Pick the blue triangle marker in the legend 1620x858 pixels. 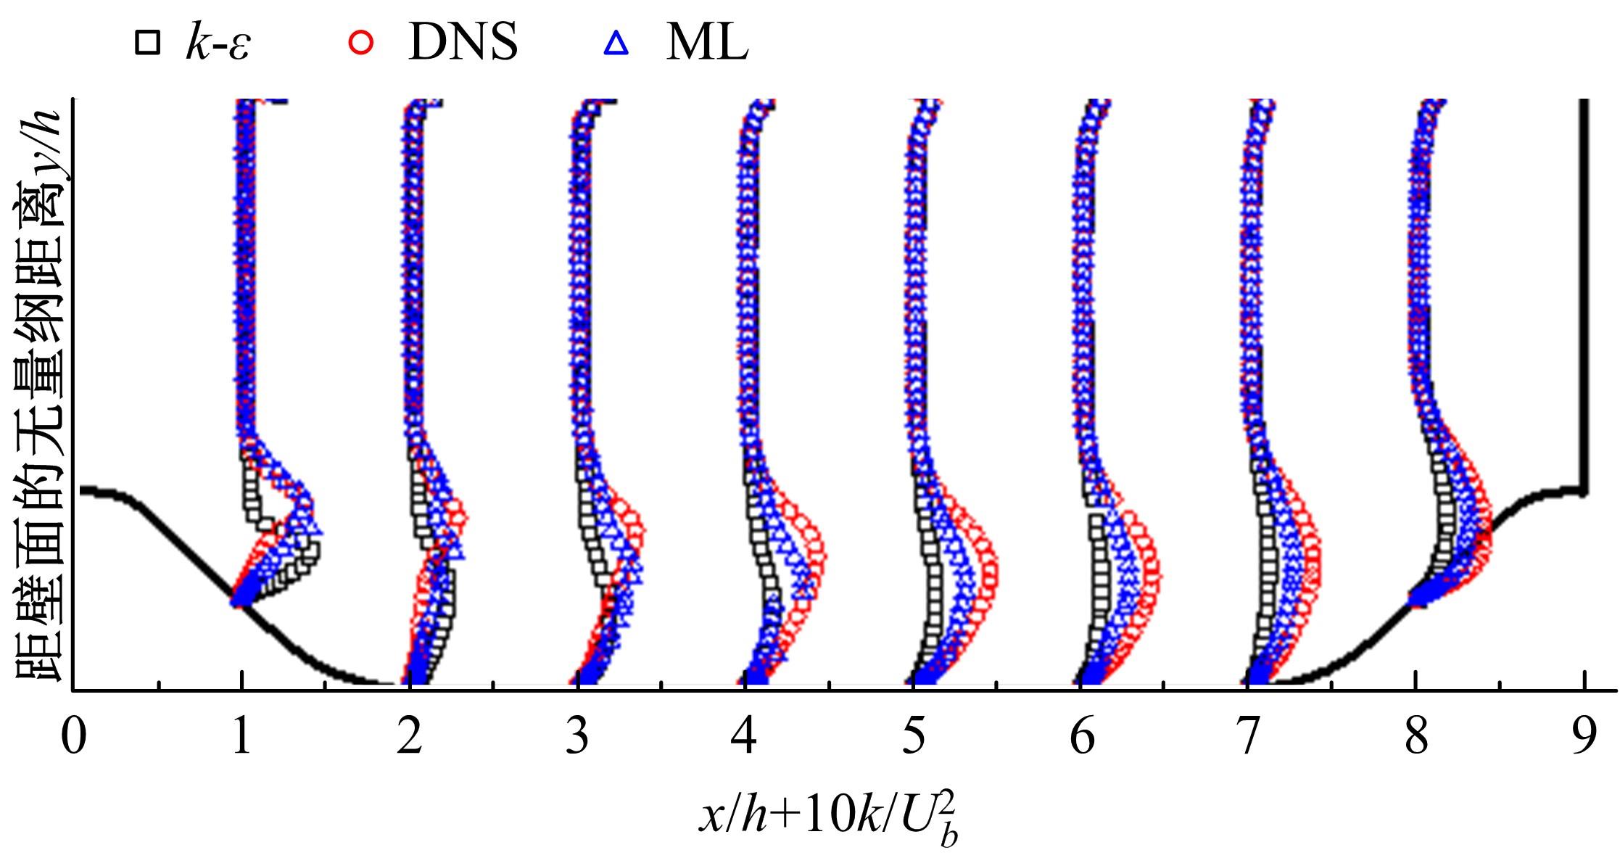616,45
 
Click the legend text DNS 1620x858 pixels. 463,44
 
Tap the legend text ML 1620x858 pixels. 706,44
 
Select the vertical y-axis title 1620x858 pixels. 40,392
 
